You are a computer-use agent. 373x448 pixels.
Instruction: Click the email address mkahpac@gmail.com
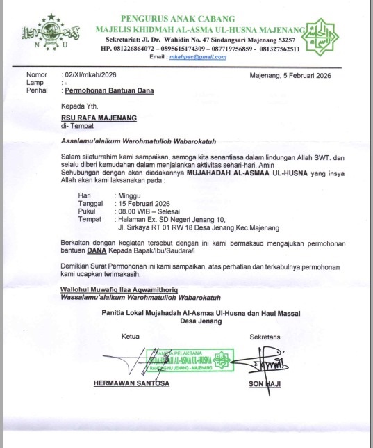pos(198,58)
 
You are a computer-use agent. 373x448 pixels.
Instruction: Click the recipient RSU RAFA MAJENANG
pos(98,118)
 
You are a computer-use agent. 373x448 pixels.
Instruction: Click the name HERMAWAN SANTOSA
pos(131,383)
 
